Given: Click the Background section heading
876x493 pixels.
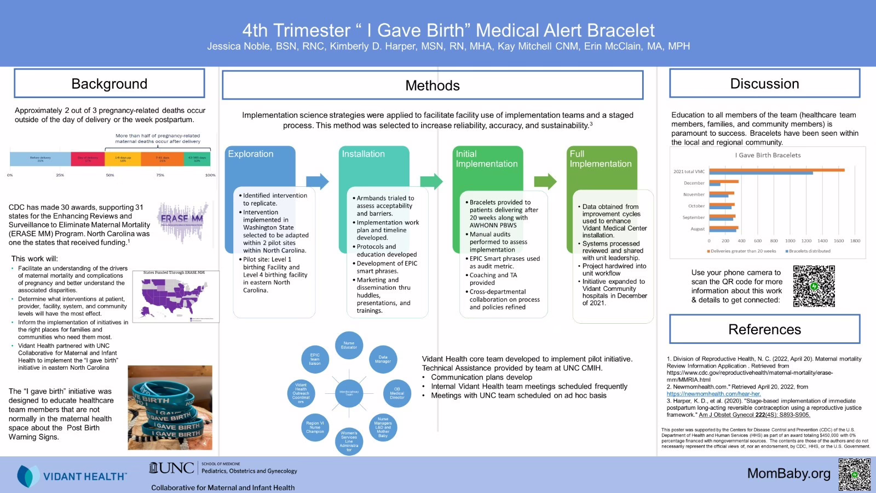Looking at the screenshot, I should [109, 84].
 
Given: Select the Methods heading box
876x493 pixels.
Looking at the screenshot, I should [432, 85].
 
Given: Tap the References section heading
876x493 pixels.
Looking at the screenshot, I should [764, 329].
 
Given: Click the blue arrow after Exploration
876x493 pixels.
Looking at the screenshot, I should [317, 181].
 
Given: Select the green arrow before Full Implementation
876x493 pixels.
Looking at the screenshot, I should [545, 181].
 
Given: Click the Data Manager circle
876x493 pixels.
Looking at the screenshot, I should [383, 360].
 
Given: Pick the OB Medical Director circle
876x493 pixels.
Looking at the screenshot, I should [397, 393].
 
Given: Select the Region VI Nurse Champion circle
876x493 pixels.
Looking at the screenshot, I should [315, 427].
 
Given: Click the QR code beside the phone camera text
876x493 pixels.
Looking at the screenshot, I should [814, 286].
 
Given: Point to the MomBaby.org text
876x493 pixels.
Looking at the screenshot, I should [788, 473].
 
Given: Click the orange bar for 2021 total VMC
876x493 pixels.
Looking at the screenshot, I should [777, 170].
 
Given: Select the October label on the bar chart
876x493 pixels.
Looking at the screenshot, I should [696, 206].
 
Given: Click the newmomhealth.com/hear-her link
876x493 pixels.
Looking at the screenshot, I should [713, 394].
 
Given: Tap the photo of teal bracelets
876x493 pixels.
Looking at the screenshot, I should [170, 408].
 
